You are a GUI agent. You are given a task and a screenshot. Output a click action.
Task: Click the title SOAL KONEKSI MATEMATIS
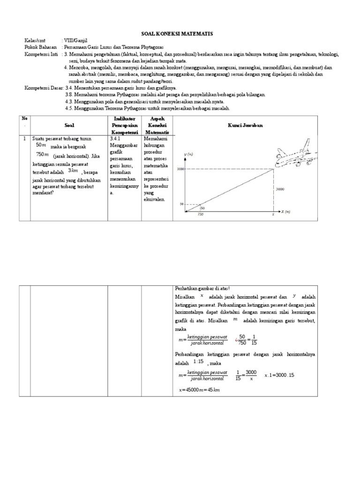[x=177, y=34]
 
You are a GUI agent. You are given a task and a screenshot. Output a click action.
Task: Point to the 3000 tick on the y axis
[x=180, y=169]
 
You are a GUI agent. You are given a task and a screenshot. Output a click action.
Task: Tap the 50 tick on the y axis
[x=182, y=204]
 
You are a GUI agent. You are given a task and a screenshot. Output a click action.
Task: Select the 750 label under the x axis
[x=200, y=215]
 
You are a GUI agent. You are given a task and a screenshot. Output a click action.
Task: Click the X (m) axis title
[x=285, y=212]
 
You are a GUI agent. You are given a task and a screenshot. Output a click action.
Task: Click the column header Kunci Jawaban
[x=245, y=126]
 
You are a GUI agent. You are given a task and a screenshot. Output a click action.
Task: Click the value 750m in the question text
[x=42, y=154]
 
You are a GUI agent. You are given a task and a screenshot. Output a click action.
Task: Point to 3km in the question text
[x=73, y=171]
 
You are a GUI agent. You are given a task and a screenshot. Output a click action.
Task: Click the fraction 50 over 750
[x=242, y=340]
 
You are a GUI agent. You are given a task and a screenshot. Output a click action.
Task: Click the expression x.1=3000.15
[x=279, y=375]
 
